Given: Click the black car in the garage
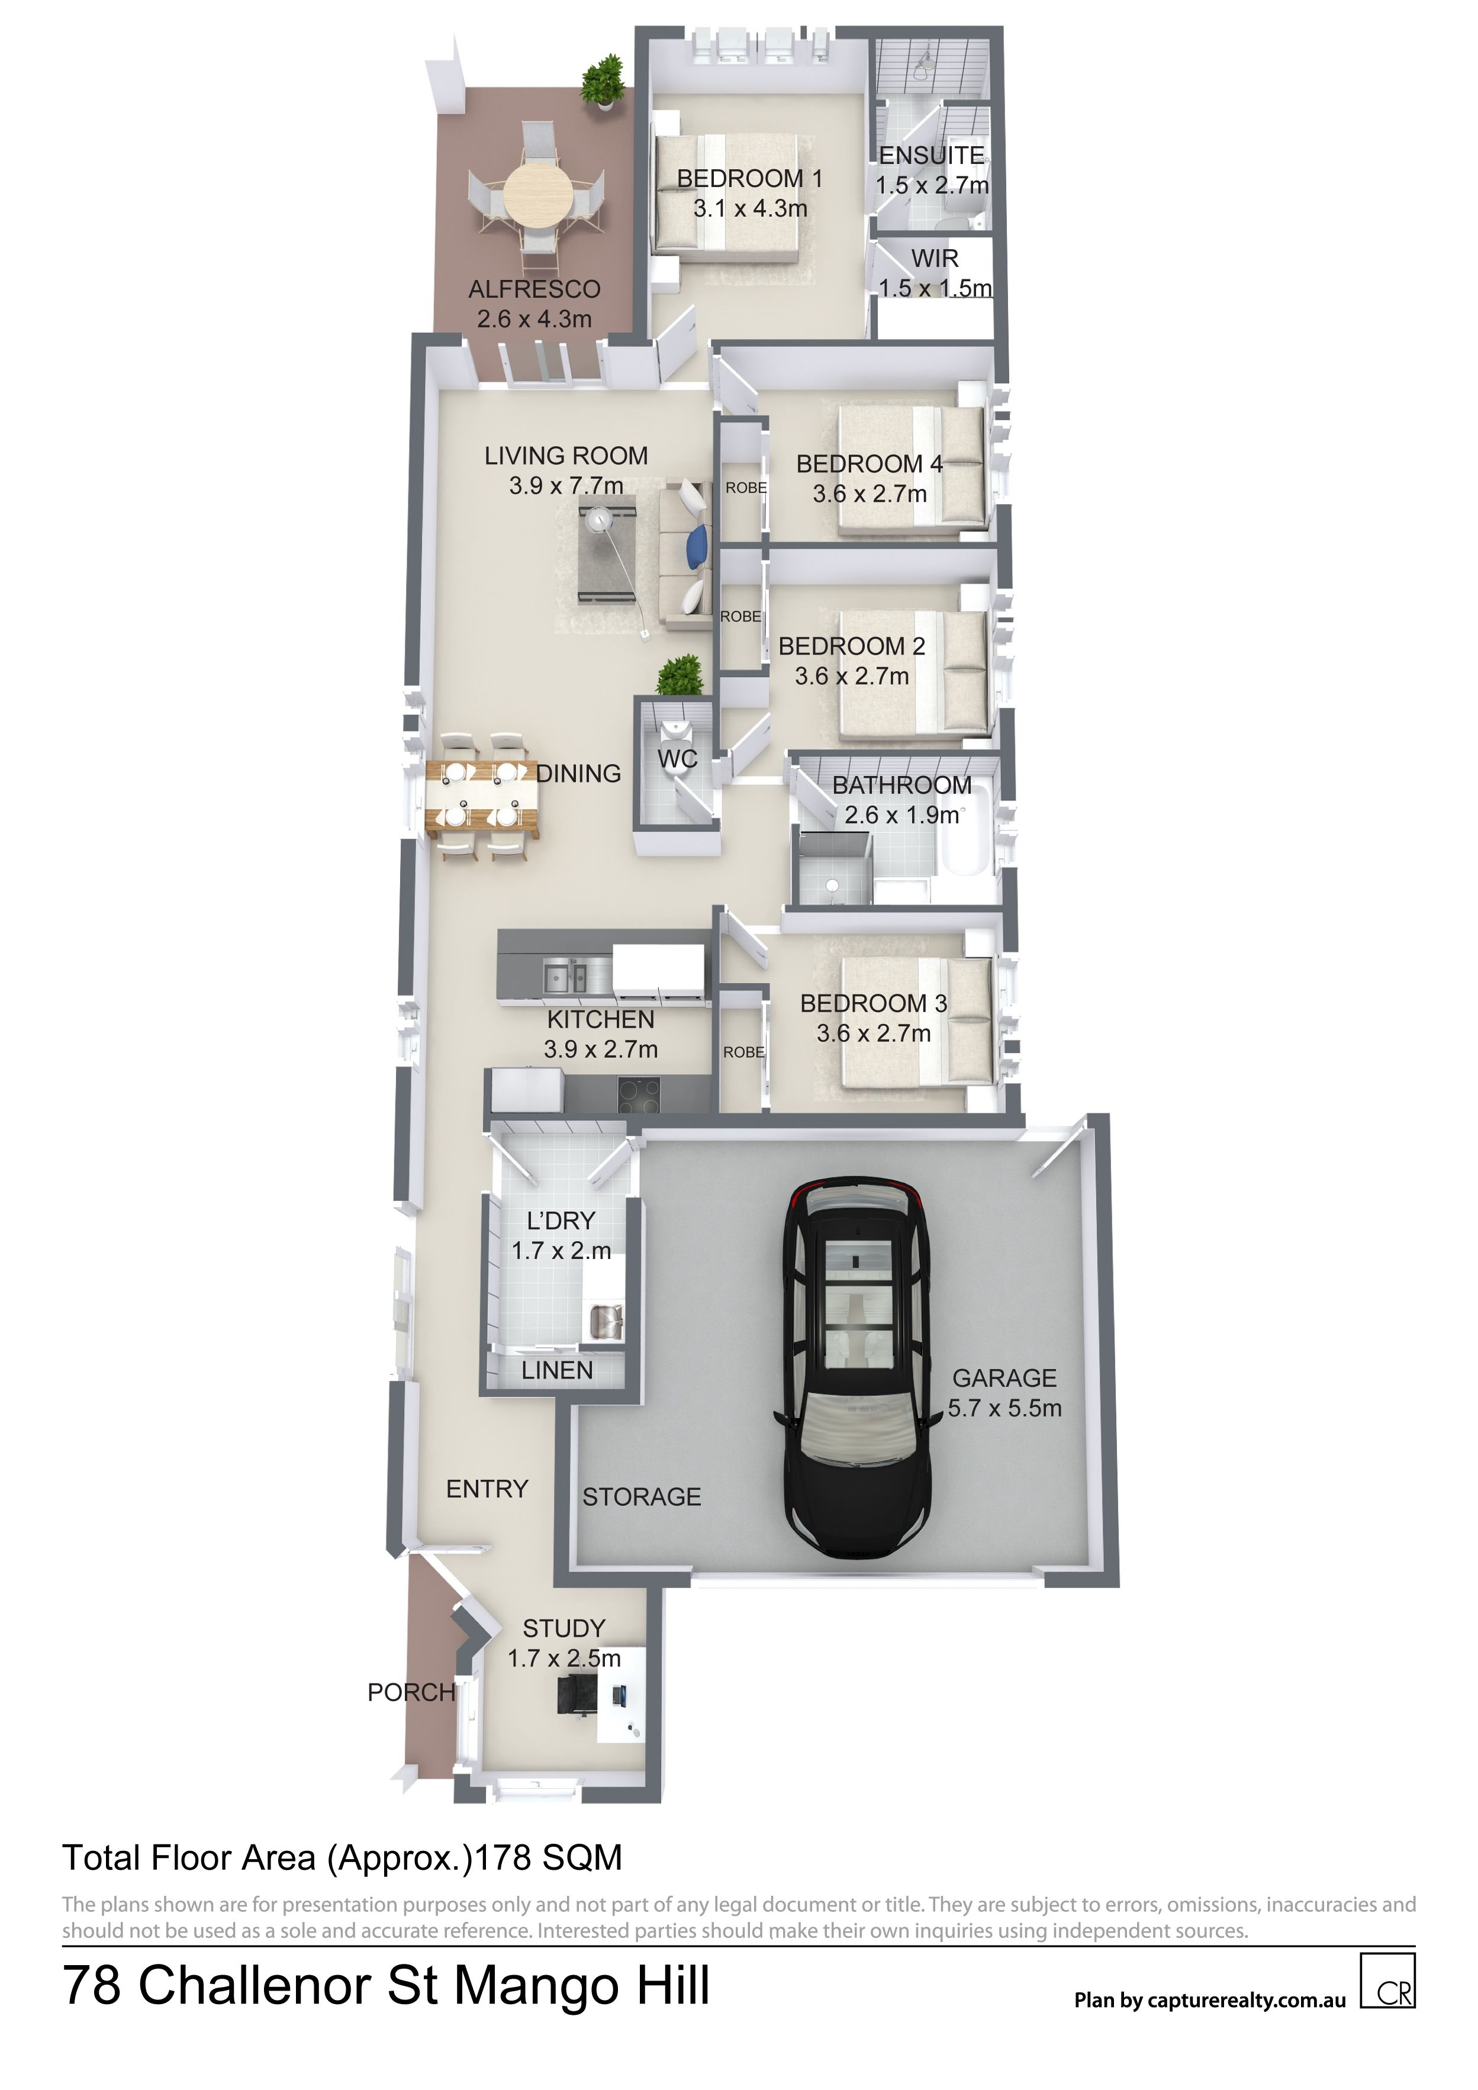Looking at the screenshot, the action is click(856, 1368).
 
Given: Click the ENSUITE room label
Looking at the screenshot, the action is click(931, 156).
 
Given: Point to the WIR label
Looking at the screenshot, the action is click(935, 259).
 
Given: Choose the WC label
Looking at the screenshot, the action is click(677, 758).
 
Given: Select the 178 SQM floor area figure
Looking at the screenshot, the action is click(548, 1857).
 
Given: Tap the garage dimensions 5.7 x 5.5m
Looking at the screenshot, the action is click(1004, 1408).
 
